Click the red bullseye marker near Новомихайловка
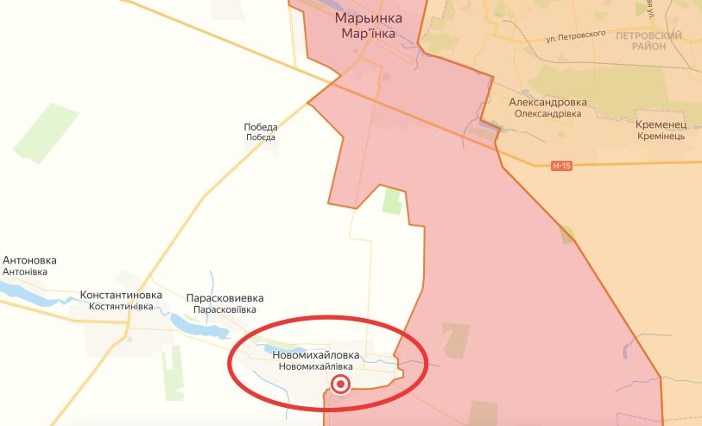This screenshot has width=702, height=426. pos(342,385)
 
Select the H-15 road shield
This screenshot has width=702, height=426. pos(562,165)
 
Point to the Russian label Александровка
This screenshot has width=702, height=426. pos(547,101)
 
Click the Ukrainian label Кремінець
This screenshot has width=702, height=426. pos(661,137)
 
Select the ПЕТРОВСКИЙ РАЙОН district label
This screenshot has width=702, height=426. pos(648,41)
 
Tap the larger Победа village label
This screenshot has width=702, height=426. pos(261,127)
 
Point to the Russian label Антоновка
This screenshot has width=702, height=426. pos(30,259)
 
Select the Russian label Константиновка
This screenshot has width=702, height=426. pos(121,295)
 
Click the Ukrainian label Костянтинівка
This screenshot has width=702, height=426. pos(121,307)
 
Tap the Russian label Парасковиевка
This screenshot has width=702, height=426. pos(225,297)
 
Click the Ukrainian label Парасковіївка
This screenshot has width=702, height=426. pos(225,309)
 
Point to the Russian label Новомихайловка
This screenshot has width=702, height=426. pos(316,354)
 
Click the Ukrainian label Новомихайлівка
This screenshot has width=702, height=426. pos(316,366)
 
